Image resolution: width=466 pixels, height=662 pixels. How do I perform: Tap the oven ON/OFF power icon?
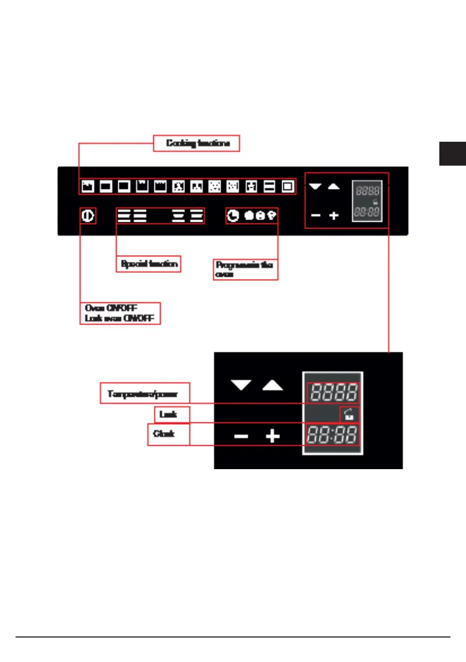pyautogui.click(x=88, y=215)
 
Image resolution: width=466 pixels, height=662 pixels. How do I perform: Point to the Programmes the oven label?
pyautogui.click(x=245, y=270)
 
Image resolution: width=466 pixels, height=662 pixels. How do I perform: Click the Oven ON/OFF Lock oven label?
pyautogui.click(x=120, y=313)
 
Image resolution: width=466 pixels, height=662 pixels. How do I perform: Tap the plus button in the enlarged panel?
pyautogui.click(x=272, y=436)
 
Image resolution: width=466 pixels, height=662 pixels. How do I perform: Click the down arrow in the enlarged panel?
pyautogui.click(x=240, y=385)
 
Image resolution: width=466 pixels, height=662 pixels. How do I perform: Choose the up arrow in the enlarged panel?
pyautogui.click(x=272, y=385)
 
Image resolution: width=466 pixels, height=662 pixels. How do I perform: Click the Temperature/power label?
pyautogui.click(x=145, y=393)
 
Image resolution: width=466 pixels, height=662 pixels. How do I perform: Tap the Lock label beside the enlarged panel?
pyautogui.click(x=164, y=414)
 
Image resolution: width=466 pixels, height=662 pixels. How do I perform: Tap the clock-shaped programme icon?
pyautogui.click(x=234, y=215)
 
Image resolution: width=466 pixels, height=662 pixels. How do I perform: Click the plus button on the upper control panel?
pyautogui.click(x=333, y=215)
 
